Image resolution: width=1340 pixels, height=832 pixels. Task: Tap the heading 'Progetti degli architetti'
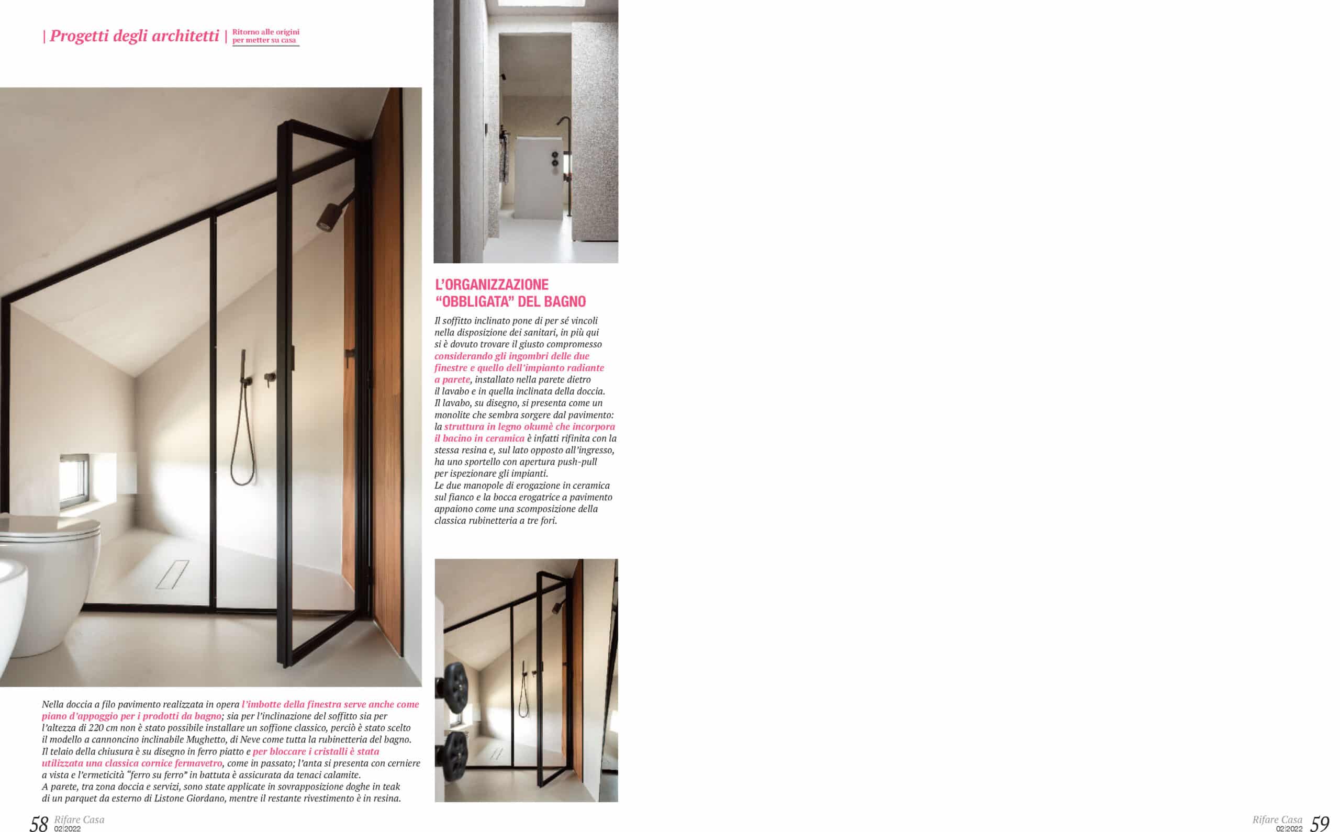(x=135, y=36)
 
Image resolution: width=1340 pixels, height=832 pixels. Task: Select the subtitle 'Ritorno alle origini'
(x=266, y=32)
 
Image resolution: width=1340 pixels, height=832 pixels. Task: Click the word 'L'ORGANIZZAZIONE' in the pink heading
(x=492, y=285)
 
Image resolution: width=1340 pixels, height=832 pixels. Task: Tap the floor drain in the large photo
(x=172, y=575)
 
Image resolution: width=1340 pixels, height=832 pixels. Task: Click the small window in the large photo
(x=74, y=480)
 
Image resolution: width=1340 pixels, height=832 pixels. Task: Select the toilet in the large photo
(x=52, y=583)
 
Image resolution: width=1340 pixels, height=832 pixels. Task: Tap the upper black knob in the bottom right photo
(x=455, y=681)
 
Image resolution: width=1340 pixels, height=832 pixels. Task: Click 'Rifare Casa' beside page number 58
(x=79, y=820)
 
